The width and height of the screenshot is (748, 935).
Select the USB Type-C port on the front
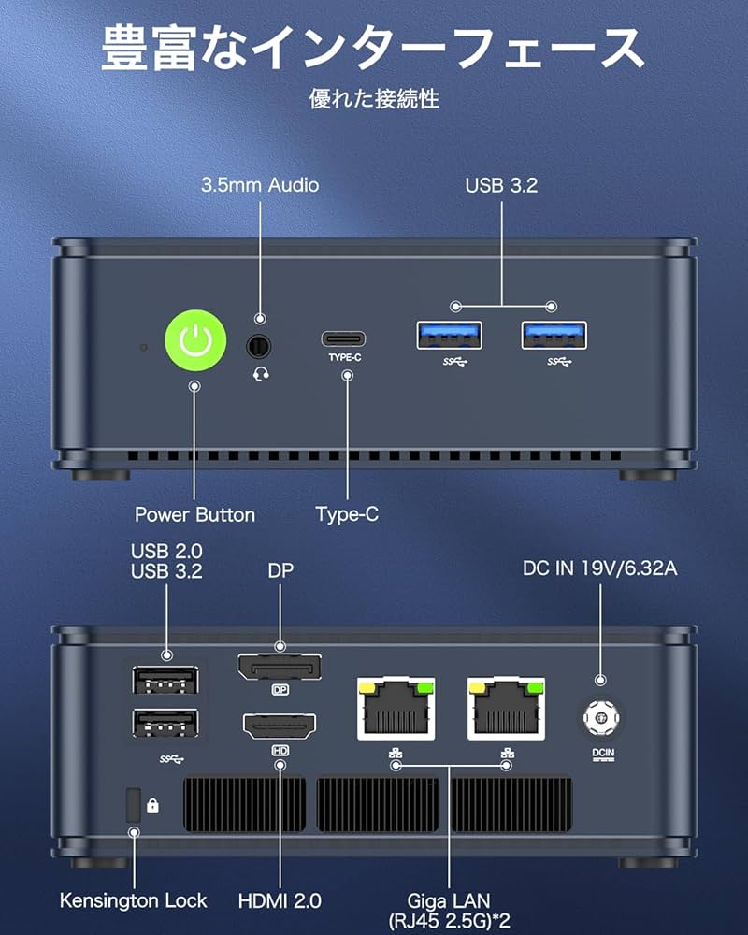[x=343, y=338]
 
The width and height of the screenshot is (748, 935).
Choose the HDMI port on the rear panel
[x=279, y=726]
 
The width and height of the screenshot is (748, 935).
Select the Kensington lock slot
[x=133, y=803]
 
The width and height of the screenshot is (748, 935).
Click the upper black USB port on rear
[x=165, y=680]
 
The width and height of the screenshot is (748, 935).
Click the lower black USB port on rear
[x=165, y=725]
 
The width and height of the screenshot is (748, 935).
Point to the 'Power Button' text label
[x=194, y=514]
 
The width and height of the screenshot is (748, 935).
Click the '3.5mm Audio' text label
[x=259, y=185]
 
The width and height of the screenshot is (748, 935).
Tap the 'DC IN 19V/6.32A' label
[x=598, y=568]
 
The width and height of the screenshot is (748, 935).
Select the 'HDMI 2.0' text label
[x=280, y=901]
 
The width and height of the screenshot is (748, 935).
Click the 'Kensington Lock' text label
[x=133, y=901]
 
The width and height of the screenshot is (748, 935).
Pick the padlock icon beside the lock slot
[x=153, y=804]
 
